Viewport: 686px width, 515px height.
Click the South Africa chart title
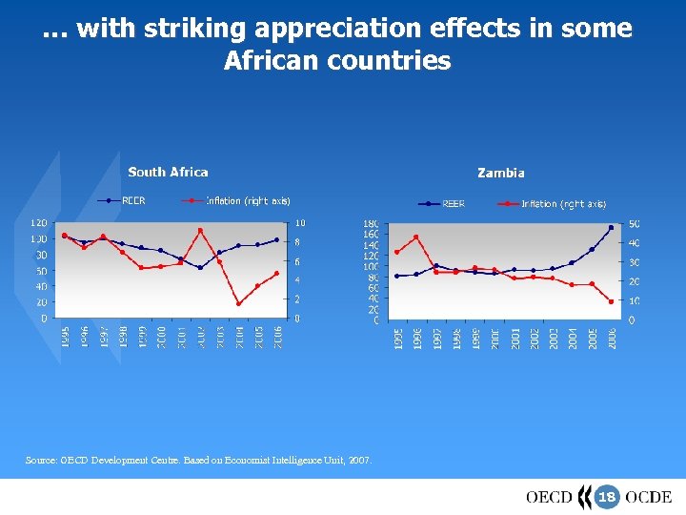tap(168, 172)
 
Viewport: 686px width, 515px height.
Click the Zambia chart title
tap(500, 173)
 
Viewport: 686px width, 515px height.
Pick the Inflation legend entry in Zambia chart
tap(563, 204)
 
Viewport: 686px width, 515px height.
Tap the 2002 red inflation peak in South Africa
tap(200, 230)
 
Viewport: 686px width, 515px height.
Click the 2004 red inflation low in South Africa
tap(238, 303)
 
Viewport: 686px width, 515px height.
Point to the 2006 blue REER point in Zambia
tap(611, 228)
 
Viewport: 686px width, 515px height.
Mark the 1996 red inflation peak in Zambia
tap(416, 237)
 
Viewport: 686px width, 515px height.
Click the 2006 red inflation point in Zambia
tap(611, 301)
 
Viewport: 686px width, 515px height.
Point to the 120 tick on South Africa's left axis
tap(39, 223)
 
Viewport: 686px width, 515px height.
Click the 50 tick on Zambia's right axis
tap(634, 223)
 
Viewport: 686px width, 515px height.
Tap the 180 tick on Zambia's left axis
tap(371, 223)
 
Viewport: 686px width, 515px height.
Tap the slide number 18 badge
tap(607, 497)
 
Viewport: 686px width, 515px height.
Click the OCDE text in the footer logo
tap(648, 497)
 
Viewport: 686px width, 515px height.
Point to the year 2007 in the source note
tap(361, 461)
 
